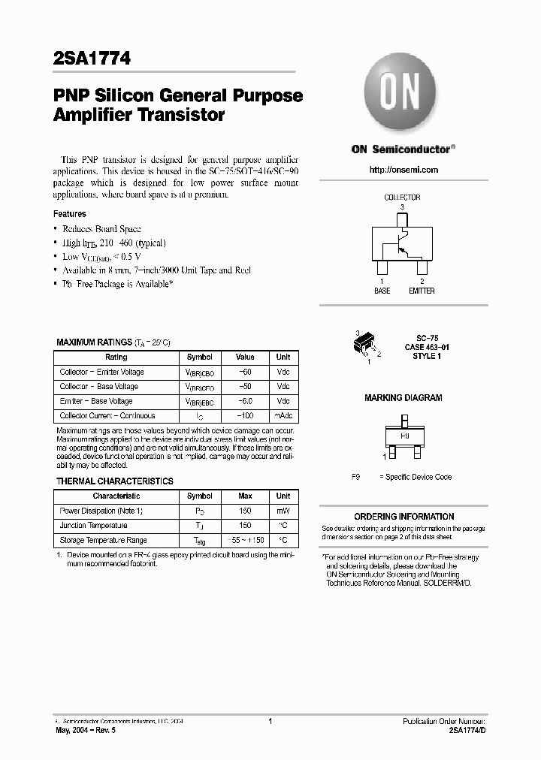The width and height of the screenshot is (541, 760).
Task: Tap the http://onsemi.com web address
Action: tap(403, 170)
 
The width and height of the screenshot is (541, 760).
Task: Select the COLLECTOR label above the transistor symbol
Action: tap(402, 198)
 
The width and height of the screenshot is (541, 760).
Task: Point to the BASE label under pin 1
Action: tap(382, 291)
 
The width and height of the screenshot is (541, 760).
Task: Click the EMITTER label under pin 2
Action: tap(422, 291)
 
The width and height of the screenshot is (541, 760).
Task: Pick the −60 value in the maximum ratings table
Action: tap(245, 372)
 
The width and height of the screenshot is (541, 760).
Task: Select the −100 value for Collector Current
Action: tap(245, 415)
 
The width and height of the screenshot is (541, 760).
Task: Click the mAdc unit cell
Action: tap(283, 415)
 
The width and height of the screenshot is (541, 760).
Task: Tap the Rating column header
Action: tap(116, 357)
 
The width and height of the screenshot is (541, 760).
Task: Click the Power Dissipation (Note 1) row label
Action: tap(101, 511)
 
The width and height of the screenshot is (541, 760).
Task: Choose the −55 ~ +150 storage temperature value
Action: tap(245, 540)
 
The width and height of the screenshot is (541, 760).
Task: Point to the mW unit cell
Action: tap(283, 511)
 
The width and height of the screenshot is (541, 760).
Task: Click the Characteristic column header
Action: tap(116, 496)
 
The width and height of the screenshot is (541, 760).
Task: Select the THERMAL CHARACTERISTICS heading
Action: tap(115, 481)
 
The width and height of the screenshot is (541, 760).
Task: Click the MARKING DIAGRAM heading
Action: tap(403, 398)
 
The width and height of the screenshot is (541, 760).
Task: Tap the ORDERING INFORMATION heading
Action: tap(403, 517)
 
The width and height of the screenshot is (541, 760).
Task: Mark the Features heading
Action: tap(69, 214)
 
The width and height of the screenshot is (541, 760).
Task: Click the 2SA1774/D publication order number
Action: tap(467, 730)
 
